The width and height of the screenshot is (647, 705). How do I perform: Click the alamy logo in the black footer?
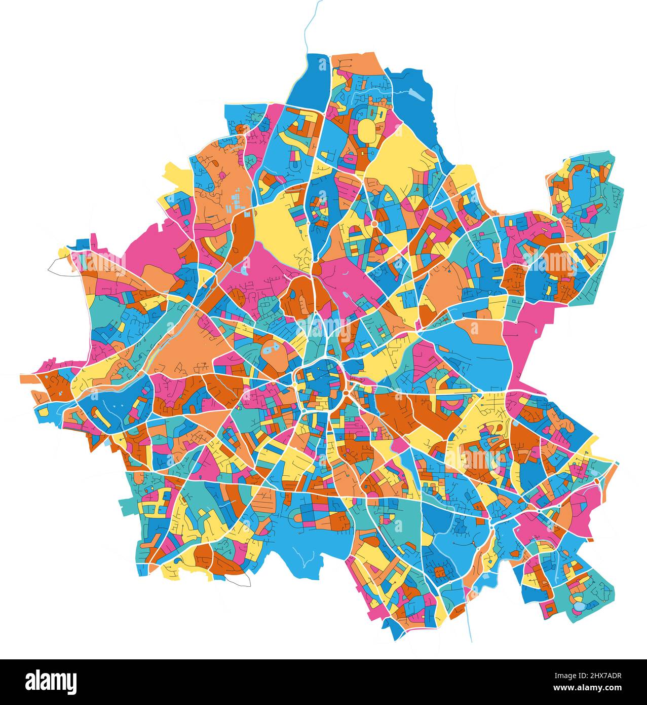(x=51, y=681)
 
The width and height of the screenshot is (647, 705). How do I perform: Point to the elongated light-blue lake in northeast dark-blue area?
(x=417, y=94)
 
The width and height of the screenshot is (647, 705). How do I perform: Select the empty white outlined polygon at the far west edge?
(x=60, y=265)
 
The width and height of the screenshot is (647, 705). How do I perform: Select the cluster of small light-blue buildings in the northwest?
(x=236, y=201)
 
